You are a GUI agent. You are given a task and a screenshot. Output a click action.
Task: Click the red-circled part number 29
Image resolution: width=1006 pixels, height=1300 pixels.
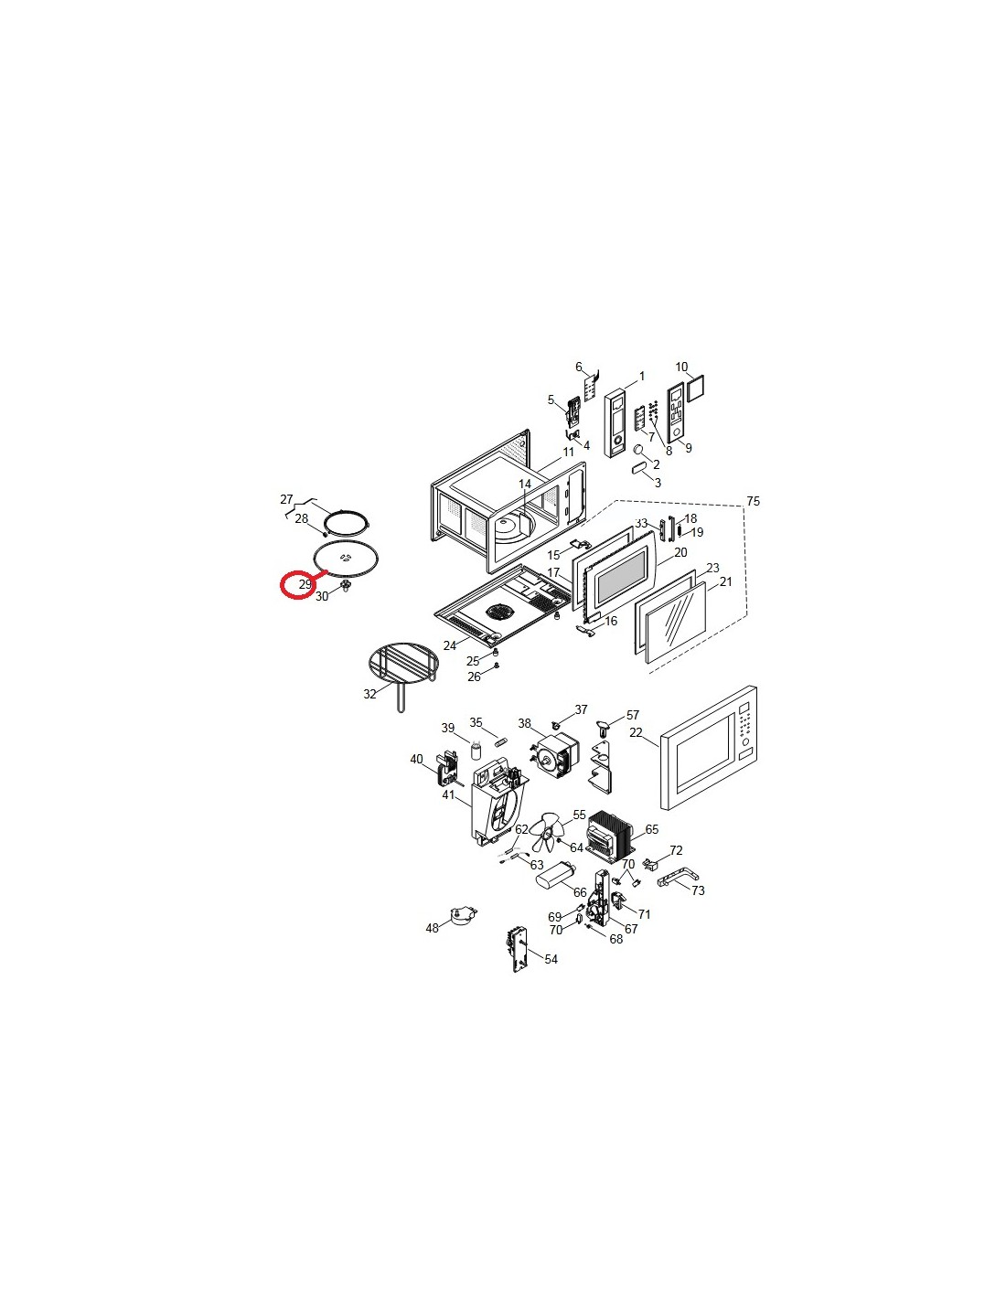pos(305,584)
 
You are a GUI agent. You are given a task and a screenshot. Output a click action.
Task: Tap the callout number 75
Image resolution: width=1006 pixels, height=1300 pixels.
pos(753,501)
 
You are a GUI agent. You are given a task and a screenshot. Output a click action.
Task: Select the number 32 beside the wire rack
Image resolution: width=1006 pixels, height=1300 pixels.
pos(369,694)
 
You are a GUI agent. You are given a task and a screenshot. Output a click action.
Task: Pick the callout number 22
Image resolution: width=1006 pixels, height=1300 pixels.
pos(636,732)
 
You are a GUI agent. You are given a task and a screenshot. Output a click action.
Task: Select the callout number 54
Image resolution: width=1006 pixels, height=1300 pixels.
pos(551,959)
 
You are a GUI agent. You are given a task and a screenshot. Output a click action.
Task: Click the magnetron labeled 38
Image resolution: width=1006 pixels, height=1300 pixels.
pos(555,756)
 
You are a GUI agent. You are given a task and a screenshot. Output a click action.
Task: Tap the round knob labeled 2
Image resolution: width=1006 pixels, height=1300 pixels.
pos(638,449)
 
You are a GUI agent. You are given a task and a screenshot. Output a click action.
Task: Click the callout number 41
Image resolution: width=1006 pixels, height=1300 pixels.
pos(448,795)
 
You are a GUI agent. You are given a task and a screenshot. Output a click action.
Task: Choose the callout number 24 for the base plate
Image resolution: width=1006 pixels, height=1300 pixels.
pos(449,645)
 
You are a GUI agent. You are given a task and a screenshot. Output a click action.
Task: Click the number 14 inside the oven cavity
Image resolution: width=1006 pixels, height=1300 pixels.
pos(525,484)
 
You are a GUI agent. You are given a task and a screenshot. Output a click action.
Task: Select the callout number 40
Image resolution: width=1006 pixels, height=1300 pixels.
pos(416,759)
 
